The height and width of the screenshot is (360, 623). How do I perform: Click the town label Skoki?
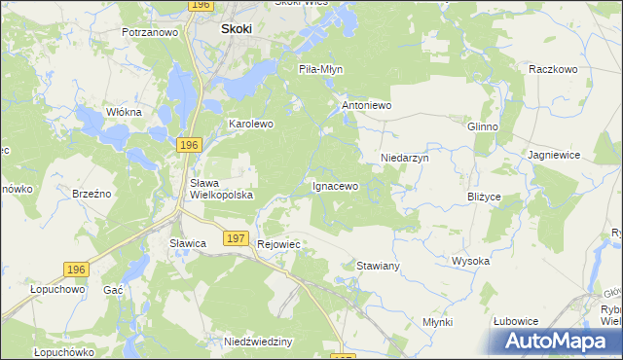(236, 29)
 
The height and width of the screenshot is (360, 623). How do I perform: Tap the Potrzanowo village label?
(150, 32)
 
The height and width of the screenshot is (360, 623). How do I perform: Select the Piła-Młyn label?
(320, 70)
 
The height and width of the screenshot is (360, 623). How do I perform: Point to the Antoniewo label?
(365, 104)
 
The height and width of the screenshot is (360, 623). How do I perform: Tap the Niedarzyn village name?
(404, 157)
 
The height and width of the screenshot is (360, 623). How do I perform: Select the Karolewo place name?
(251, 125)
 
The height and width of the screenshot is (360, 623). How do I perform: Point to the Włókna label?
(124, 112)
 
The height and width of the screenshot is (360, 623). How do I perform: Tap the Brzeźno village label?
(92, 194)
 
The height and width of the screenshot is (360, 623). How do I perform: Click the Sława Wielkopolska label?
(221, 189)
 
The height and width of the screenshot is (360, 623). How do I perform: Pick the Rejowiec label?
(278, 244)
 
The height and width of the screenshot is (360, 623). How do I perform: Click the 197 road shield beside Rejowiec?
(235, 237)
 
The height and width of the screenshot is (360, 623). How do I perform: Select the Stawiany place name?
(379, 265)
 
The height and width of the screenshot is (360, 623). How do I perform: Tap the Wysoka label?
(470, 261)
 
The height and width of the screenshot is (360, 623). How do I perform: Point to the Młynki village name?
(438, 322)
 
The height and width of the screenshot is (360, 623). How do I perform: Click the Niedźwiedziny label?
(258, 342)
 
